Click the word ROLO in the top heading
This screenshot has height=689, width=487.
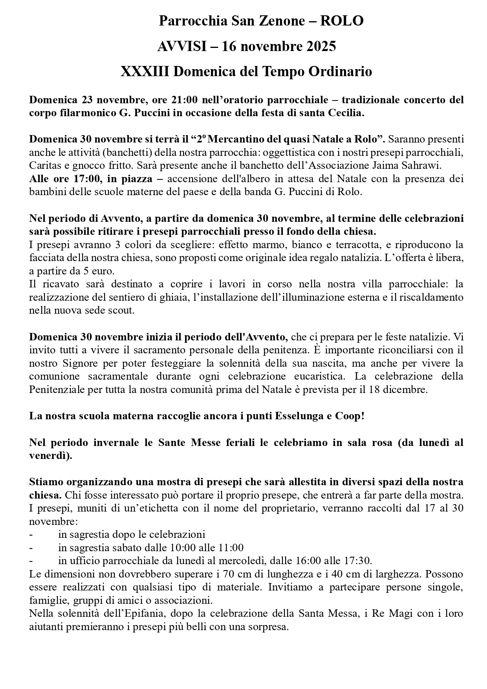point(342,21)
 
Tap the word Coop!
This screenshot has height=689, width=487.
point(350,416)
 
